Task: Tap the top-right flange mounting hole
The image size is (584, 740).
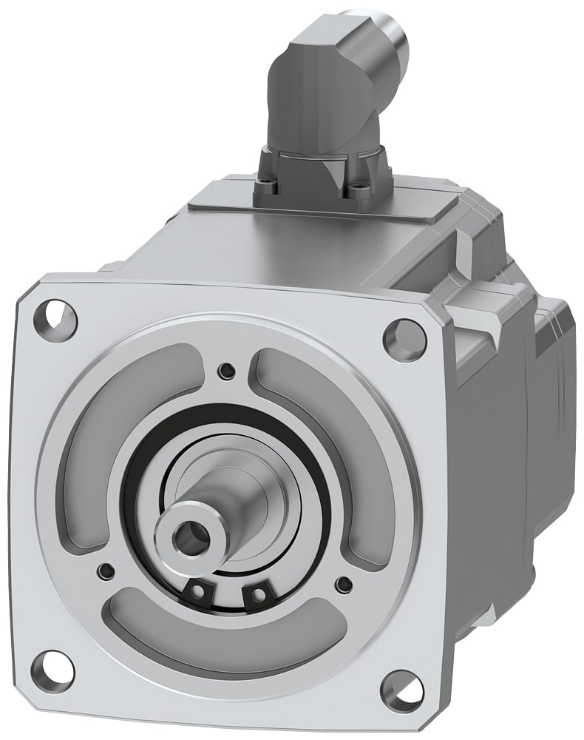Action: coord(404,340)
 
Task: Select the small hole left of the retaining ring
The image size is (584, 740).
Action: coord(107,570)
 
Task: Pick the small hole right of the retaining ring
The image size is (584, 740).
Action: coord(342,584)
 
